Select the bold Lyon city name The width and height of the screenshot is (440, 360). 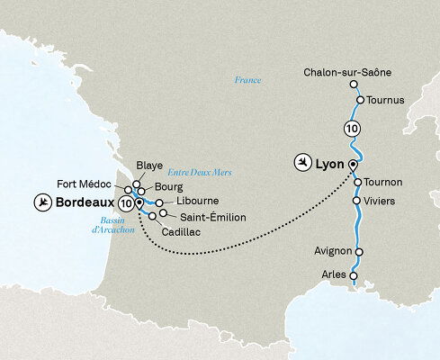(331, 164)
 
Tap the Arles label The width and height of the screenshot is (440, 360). (334, 275)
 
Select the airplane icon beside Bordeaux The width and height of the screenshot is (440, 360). (41, 203)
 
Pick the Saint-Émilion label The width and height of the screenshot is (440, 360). (209, 217)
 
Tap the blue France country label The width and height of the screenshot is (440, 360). (246, 80)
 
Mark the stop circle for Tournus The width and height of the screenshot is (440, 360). (358, 100)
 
